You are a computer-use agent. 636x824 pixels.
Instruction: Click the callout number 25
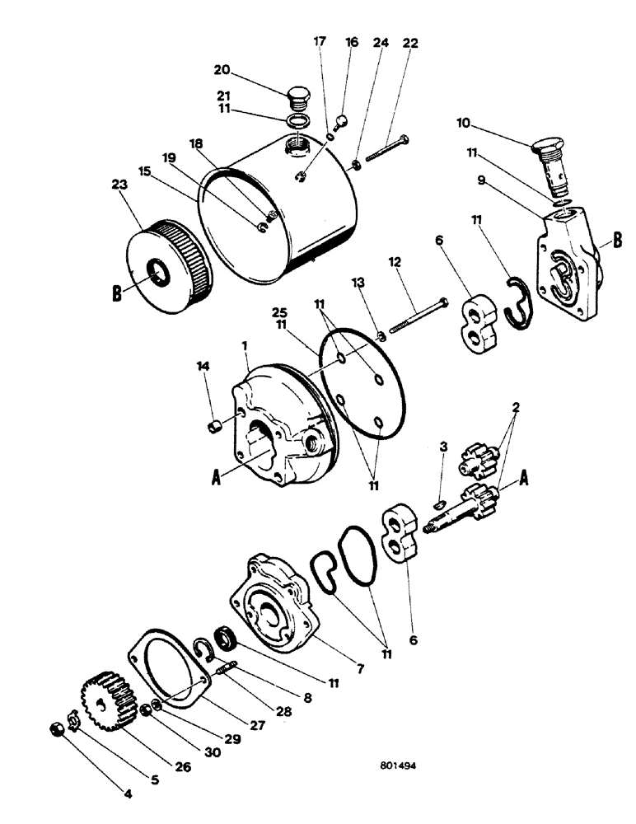click(x=280, y=315)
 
